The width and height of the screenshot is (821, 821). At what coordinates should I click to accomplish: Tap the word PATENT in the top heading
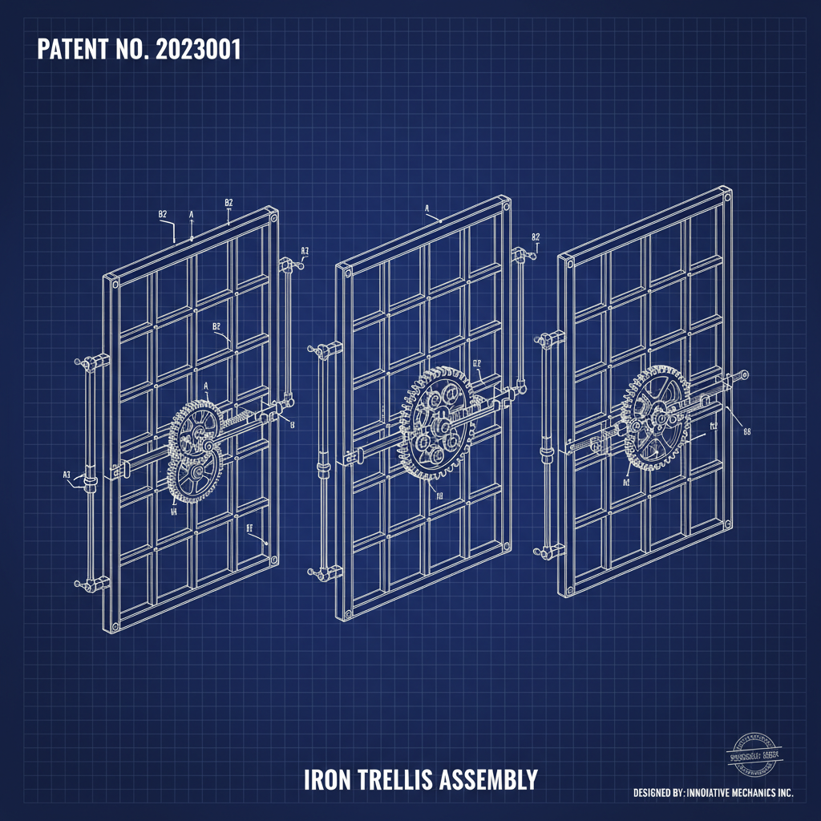point(71,50)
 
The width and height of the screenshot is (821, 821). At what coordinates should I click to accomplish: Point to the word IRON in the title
point(325,779)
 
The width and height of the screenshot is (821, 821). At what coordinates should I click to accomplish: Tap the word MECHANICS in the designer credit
point(745,793)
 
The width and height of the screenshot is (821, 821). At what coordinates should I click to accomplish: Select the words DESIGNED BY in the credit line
point(657,793)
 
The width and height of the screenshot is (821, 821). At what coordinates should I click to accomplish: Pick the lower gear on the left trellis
point(190,475)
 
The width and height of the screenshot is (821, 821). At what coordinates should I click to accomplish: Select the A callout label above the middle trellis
point(427,208)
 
